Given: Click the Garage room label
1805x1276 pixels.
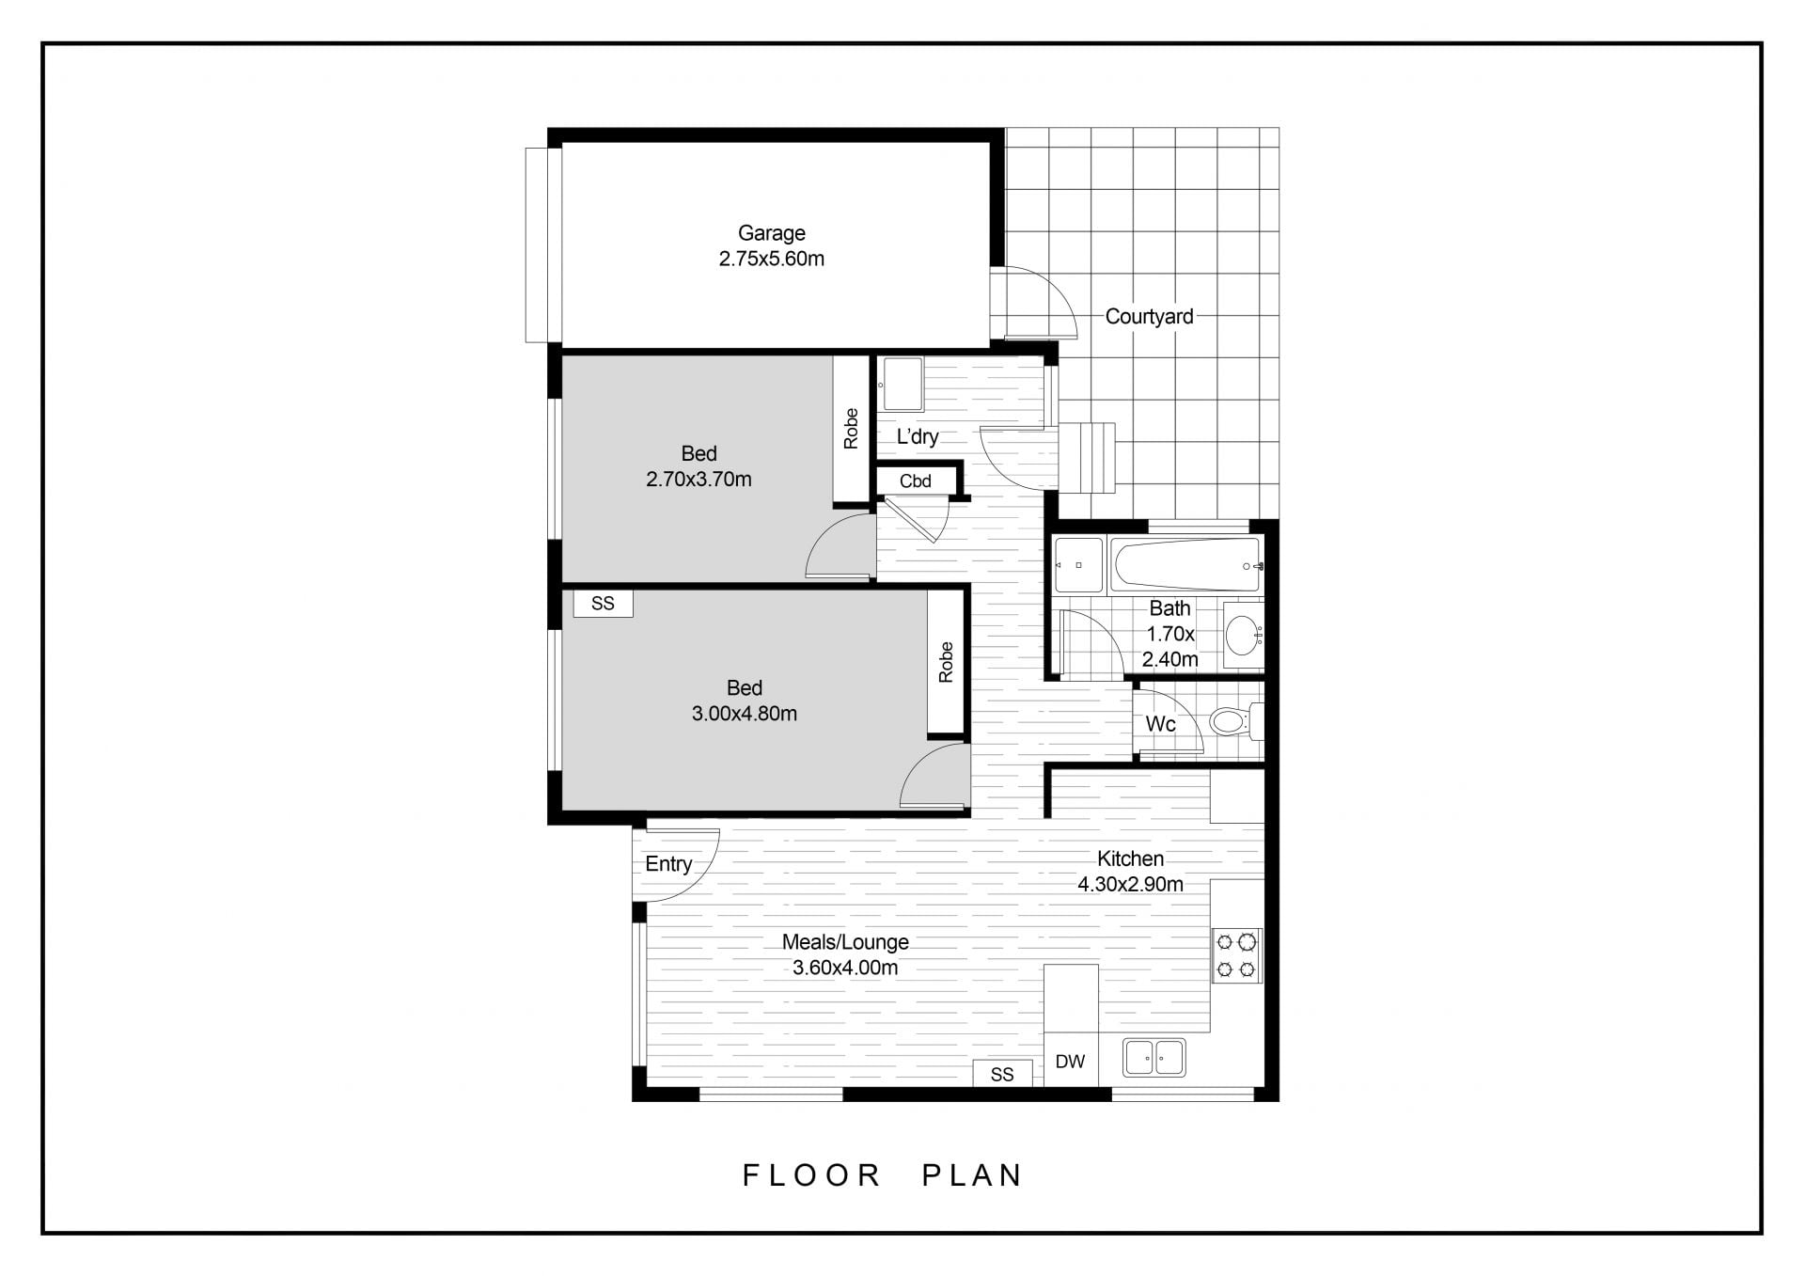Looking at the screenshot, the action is pyautogui.click(x=771, y=233).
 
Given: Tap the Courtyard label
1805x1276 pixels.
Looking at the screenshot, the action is pyautogui.click(x=1149, y=317).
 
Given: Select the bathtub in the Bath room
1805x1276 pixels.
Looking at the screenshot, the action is pyautogui.click(x=1185, y=565).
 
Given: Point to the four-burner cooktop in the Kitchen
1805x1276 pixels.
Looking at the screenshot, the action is pyautogui.click(x=1236, y=955).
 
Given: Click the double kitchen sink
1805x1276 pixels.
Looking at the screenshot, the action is pyautogui.click(x=1154, y=1058).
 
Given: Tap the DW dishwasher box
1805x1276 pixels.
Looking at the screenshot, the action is pyautogui.click(x=1071, y=1060).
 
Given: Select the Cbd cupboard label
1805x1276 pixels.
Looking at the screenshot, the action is pyautogui.click(x=915, y=481).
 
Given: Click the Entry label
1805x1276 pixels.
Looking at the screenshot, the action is pyautogui.click(x=668, y=864).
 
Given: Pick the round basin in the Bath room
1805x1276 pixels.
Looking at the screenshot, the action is pyautogui.click(x=1244, y=636).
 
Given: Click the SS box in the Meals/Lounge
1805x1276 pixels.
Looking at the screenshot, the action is pyautogui.click(x=1002, y=1074).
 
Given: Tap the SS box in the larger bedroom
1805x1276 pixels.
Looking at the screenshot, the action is pyautogui.click(x=604, y=604).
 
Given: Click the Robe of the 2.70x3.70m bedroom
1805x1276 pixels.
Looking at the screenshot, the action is pyautogui.click(x=852, y=429).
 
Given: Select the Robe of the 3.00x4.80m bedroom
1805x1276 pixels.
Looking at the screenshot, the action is pyautogui.click(x=947, y=662).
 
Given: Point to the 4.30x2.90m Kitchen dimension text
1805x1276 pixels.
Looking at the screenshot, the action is pyautogui.click(x=1130, y=885).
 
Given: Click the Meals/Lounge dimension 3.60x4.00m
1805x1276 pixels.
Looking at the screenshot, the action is pyautogui.click(x=845, y=968).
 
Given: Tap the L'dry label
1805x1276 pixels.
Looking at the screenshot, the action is pyautogui.click(x=917, y=436).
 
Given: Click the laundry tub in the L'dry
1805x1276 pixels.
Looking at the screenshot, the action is pyautogui.click(x=901, y=385).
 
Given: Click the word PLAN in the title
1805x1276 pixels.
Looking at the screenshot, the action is pyautogui.click(x=972, y=1175).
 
